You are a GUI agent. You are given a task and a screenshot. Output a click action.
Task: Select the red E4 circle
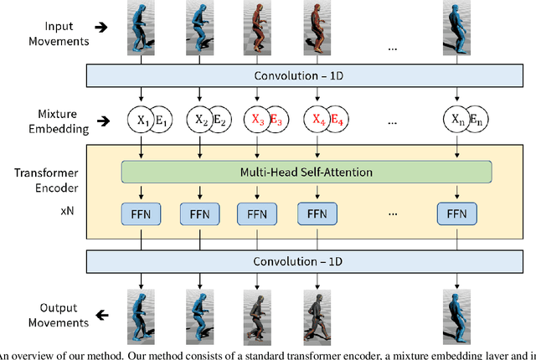pyautogui.click(x=335, y=120)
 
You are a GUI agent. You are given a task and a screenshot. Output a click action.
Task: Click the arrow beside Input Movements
pyautogui.click(x=100, y=27)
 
